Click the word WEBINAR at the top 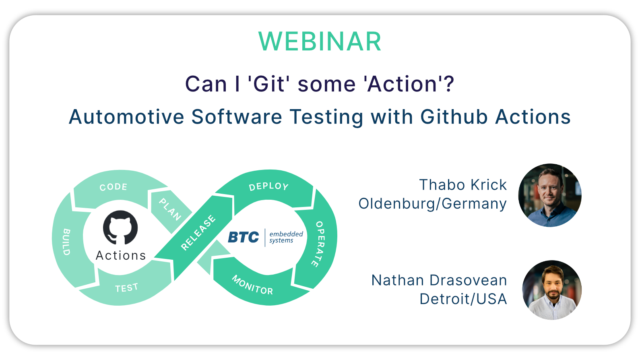click(320, 42)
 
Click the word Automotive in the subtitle click(126, 117)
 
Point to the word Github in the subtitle click(454, 117)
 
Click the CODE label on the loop click(114, 187)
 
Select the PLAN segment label click(170, 209)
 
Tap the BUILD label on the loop click(66, 242)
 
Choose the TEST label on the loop click(126, 288)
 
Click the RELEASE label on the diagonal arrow click(198, 233)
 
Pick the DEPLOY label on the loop click(268, 186)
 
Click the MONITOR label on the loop click(252, 285)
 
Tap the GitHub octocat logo click(120, 228)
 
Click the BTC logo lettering click(244, 237)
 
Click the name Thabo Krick click(463, 185)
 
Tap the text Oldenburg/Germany click(433, 204)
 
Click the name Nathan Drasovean click(439, 280)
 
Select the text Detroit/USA click(463, 299)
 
